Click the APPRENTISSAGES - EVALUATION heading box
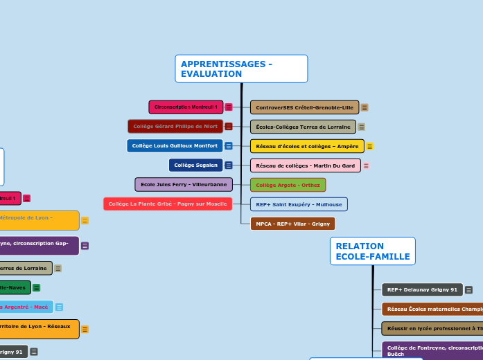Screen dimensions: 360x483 [240, 69]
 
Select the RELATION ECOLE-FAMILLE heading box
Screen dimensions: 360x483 [372, 251]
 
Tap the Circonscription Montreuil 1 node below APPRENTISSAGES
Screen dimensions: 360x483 [186, 107]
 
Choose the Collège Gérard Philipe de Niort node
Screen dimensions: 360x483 [175, 127]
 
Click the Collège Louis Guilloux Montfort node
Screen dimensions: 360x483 [175, 146]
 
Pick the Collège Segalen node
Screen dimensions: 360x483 [195, 165]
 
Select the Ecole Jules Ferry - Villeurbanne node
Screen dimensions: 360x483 [184, 185]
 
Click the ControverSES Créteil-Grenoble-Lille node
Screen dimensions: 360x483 [304, 107]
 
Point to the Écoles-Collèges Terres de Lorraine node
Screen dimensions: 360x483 [303, 127]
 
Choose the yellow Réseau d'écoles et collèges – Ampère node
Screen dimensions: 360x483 [307, 146]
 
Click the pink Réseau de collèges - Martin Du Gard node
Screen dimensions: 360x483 [305, 165]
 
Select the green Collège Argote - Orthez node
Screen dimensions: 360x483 [288, 185]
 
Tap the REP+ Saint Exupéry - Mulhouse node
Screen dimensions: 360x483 [299, 204]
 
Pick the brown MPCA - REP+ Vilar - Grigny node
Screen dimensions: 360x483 [292, 224]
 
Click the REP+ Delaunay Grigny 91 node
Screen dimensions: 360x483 [422, 290]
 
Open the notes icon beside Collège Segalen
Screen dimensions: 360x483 [228, 165]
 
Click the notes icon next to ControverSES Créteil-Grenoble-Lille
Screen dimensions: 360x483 [365, 107]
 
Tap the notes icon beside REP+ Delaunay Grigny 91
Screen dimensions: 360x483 [469, 290]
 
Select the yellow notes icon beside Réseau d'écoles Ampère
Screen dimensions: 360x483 [370, 146]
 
